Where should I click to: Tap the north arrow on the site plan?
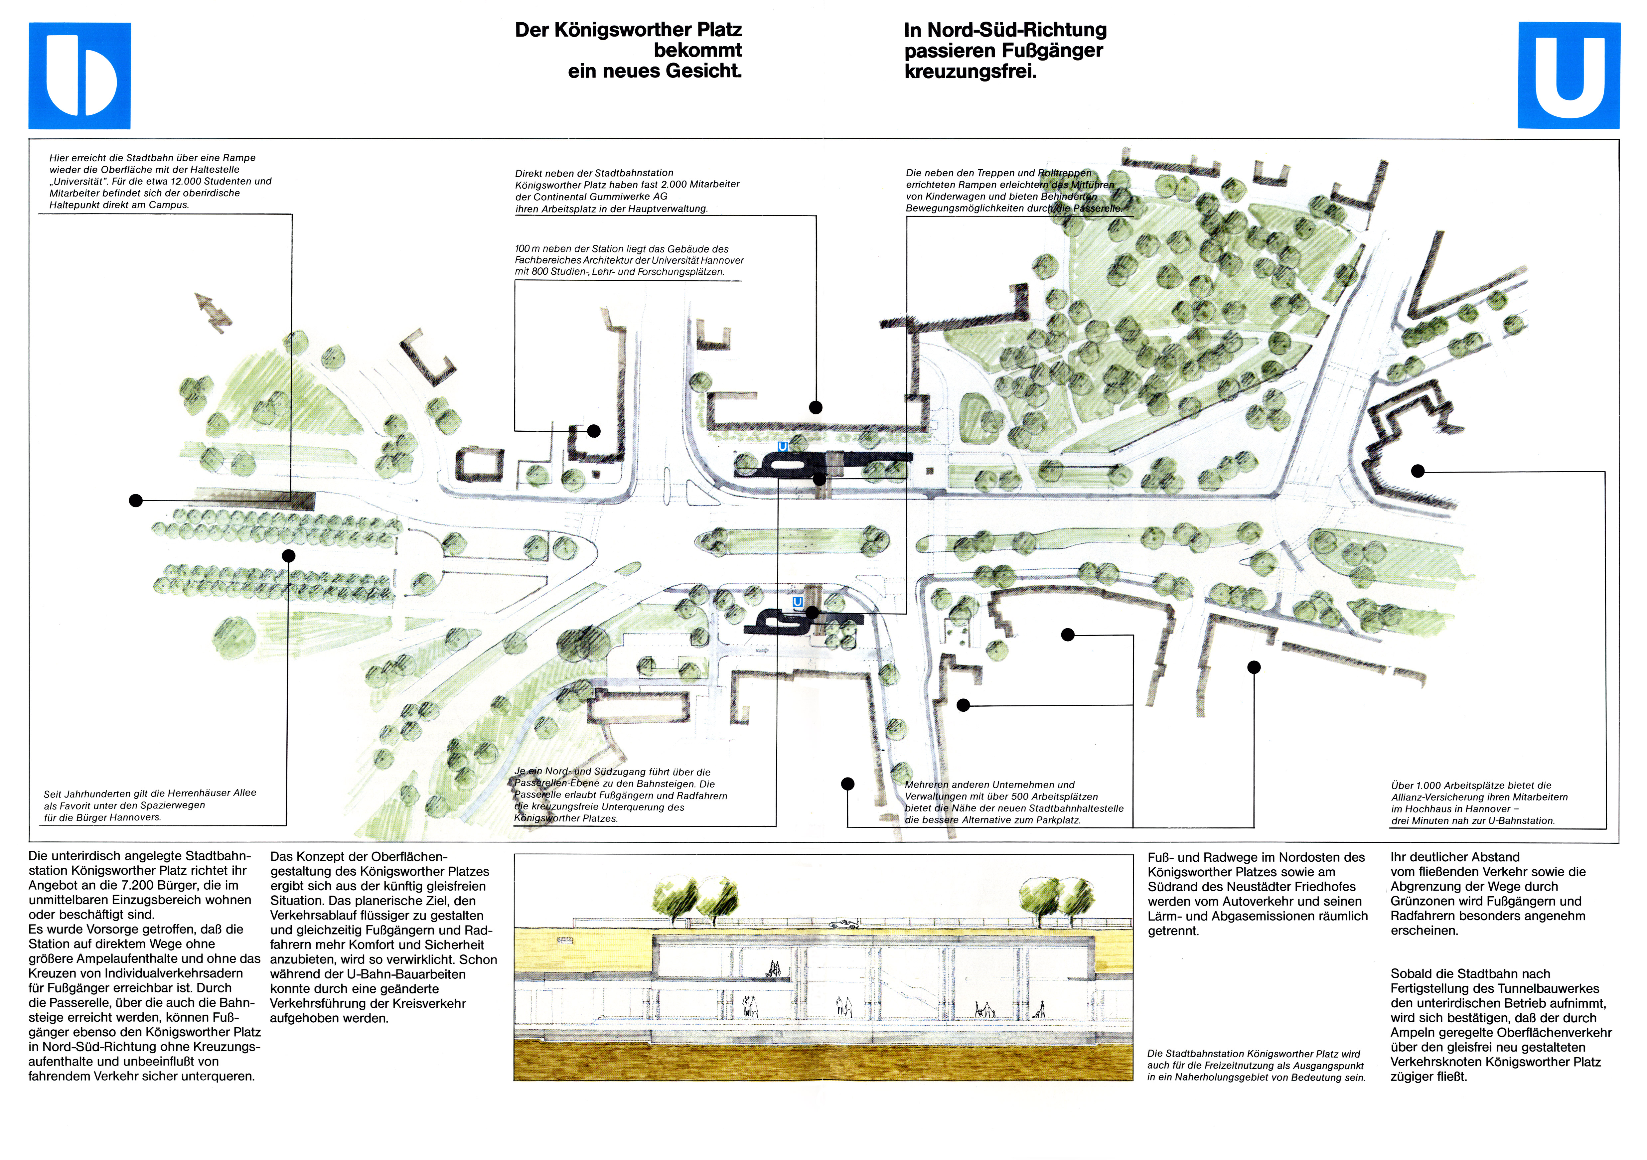point(213,312)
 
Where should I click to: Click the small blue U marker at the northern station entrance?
point(783,446)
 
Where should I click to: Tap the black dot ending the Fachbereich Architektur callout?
point(593,431)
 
